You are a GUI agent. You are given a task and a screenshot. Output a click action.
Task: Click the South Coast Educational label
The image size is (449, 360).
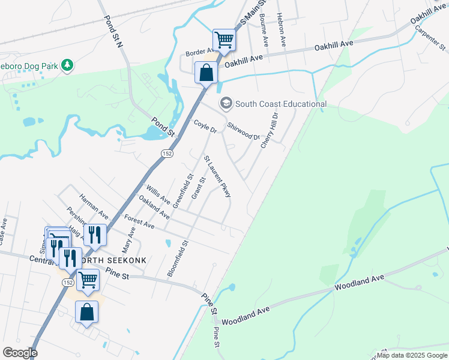click(x=280, y=104)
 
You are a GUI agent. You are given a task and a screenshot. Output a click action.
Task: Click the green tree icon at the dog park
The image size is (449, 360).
click(x=68, y=64)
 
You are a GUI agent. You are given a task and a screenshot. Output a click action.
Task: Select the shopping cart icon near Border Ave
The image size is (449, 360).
click(x=224, y=40)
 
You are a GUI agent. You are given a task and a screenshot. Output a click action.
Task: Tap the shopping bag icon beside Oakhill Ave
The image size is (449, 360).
click(x=206, y=73)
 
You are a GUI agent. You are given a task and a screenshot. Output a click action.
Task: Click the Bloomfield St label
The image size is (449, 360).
click(x=178, y=259)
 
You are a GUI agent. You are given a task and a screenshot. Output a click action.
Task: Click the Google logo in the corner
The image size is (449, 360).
click(x=20, y=353)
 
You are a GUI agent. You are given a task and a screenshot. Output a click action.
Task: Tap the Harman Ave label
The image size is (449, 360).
click(x=94, y=206)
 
